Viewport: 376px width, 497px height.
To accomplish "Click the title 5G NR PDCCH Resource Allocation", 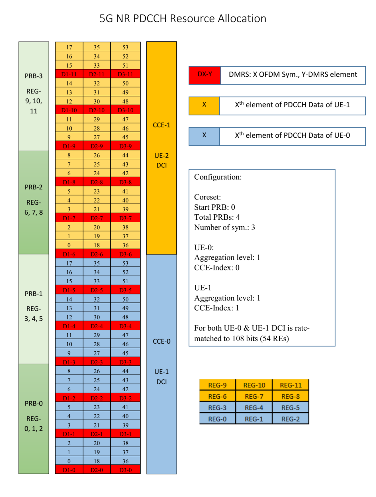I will (x=183, y=19).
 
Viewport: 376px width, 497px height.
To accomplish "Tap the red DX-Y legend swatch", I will (x=205, y=75).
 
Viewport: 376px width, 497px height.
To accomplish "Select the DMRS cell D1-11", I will (x=69, y=74).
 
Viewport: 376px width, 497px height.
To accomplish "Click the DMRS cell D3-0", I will (x=125, y=470).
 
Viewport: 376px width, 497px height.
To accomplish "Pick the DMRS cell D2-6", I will (x=96, y=254).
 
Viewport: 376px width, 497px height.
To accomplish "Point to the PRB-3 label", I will (x=33, y=76).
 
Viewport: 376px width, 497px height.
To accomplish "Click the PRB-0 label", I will (x=33, y=403).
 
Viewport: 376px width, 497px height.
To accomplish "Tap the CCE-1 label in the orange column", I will (x=161, y=125).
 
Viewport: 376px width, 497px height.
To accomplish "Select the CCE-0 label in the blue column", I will (x=161, y=341).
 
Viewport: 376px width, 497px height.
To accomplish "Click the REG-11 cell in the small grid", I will (x=291, y=385).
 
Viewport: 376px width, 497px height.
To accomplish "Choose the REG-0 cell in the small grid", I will (x=217, y=419).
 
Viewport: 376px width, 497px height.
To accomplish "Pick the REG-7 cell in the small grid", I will (x=254, y=396).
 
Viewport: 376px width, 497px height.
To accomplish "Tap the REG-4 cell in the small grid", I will (x=254, y=408).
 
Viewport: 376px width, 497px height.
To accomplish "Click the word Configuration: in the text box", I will (x=218, y=177).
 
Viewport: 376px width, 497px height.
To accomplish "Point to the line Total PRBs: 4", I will (x=217, y=217).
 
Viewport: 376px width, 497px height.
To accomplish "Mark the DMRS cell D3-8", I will (x=125, y=182).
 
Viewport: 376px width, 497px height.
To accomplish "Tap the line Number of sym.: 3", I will (x=224, y=227).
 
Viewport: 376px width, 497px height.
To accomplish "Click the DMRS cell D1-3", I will (x=69, y=362).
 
